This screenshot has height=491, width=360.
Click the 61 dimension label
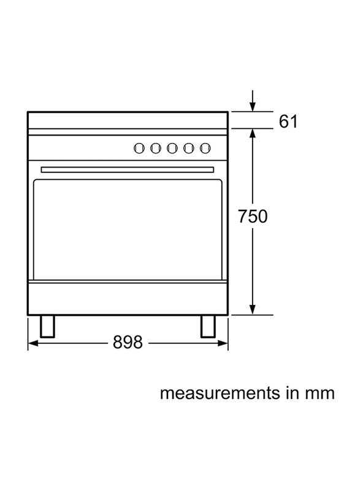point(288,122)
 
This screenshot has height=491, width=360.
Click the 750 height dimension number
point(253,217)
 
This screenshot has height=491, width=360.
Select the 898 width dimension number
point(128,342)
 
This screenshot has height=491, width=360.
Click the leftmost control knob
point(139,148)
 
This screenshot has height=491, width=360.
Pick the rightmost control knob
point(205,148)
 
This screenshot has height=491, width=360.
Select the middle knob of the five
point(172,148)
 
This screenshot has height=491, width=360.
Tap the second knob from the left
point(155,148)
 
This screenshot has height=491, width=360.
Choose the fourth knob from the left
point(189,148)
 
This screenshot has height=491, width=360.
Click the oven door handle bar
point(128,169)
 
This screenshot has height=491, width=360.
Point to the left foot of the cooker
point(48,327)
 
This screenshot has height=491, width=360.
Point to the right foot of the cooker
point(208,327)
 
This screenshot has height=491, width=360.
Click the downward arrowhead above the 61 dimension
point(253,106)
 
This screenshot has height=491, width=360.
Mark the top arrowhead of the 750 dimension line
point(253,134)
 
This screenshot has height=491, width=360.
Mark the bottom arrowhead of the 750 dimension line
point(253,309)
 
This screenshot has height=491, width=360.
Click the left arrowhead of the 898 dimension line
point(33,343)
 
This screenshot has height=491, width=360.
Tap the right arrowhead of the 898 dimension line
point(223,343)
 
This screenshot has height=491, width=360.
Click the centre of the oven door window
point(128,229)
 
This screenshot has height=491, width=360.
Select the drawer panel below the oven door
point(128,299)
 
